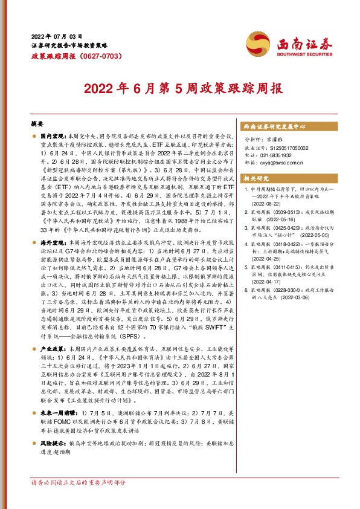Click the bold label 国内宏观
(54, 137)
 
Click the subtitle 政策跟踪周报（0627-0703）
(70, 56)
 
